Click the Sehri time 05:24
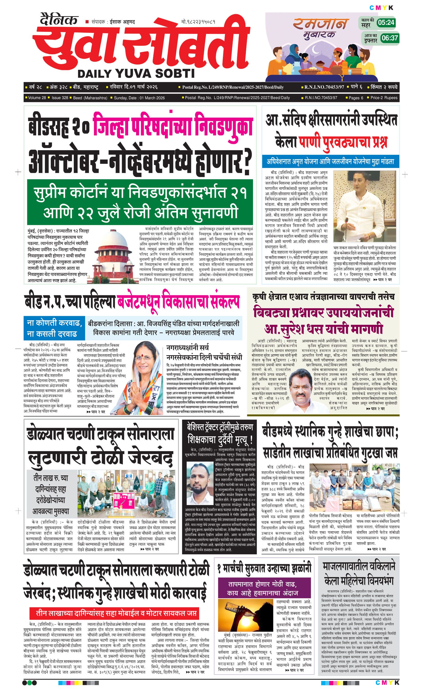point(386,23)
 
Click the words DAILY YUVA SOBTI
point(136,74)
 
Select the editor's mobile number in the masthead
point(198,22)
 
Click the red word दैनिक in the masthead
point(58,20)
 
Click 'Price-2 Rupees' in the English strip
point(384,98)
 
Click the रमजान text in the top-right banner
point(320,24)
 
